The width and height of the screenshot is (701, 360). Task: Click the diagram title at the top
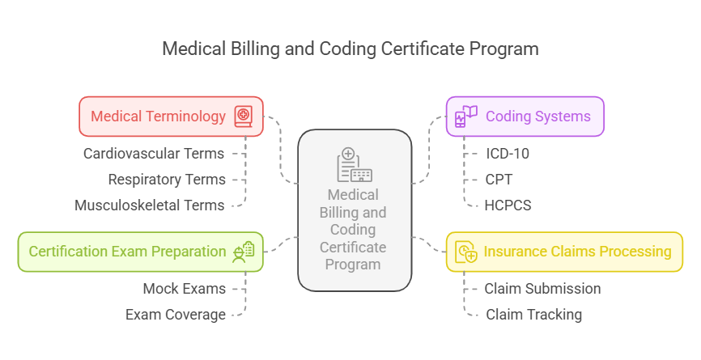[350, 49]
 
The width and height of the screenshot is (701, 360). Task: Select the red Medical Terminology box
[172, 116]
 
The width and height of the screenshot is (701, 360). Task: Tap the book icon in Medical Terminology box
[244, 116]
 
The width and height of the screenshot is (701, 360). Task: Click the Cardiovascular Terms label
[155, 153]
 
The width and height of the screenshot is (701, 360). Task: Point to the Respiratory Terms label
[167, 179]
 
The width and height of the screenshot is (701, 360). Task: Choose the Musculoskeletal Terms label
[150, 205]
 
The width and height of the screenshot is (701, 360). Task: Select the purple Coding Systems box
[525, 116]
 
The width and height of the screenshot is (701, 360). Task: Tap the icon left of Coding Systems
[466, 116]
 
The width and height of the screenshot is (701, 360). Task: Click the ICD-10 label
[508, 153]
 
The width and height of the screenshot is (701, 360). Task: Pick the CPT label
[499, 179]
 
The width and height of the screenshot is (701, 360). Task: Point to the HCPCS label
[508, 205]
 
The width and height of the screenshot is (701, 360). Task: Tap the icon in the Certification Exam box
[244, 252]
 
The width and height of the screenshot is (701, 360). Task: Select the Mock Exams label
[185, 288]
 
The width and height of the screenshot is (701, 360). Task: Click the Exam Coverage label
[176, 315]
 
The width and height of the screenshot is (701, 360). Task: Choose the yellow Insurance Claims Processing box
[565, 252]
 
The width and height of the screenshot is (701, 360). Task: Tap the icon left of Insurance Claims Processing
[466, 252]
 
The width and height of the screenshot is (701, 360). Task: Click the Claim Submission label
[542, 288]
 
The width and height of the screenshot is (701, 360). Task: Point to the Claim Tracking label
[533, 315]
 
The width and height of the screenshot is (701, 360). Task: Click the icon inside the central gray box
[354, 165]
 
